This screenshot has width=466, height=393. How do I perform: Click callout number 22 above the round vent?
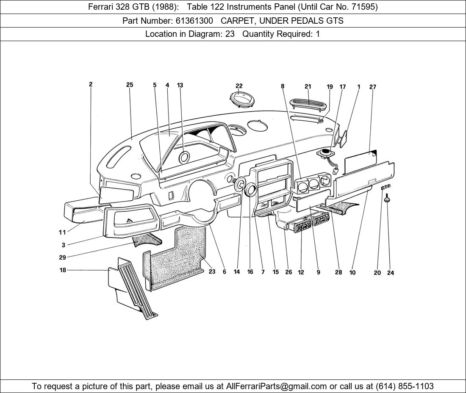point(239,86)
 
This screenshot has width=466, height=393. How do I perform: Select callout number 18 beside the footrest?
point(63,270)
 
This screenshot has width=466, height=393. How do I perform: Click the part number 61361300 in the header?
point(194,20)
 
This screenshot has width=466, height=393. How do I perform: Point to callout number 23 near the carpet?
point(212,272)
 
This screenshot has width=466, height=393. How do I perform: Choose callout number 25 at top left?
point(130,85)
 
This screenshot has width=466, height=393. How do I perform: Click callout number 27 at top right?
point(372,87)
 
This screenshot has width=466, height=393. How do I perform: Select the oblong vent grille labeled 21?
point(308,102)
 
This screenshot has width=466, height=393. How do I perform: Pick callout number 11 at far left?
point(62,232)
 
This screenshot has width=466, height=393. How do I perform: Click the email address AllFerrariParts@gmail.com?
point(277,386)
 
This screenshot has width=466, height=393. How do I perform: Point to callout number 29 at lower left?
point(62,257)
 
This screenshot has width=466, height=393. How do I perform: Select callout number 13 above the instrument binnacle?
point(180,85)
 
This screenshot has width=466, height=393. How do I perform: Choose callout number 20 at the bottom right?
point(377,273)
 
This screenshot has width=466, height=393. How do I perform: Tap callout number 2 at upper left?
point(91,84)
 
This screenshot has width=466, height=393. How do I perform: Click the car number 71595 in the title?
point(363,7)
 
